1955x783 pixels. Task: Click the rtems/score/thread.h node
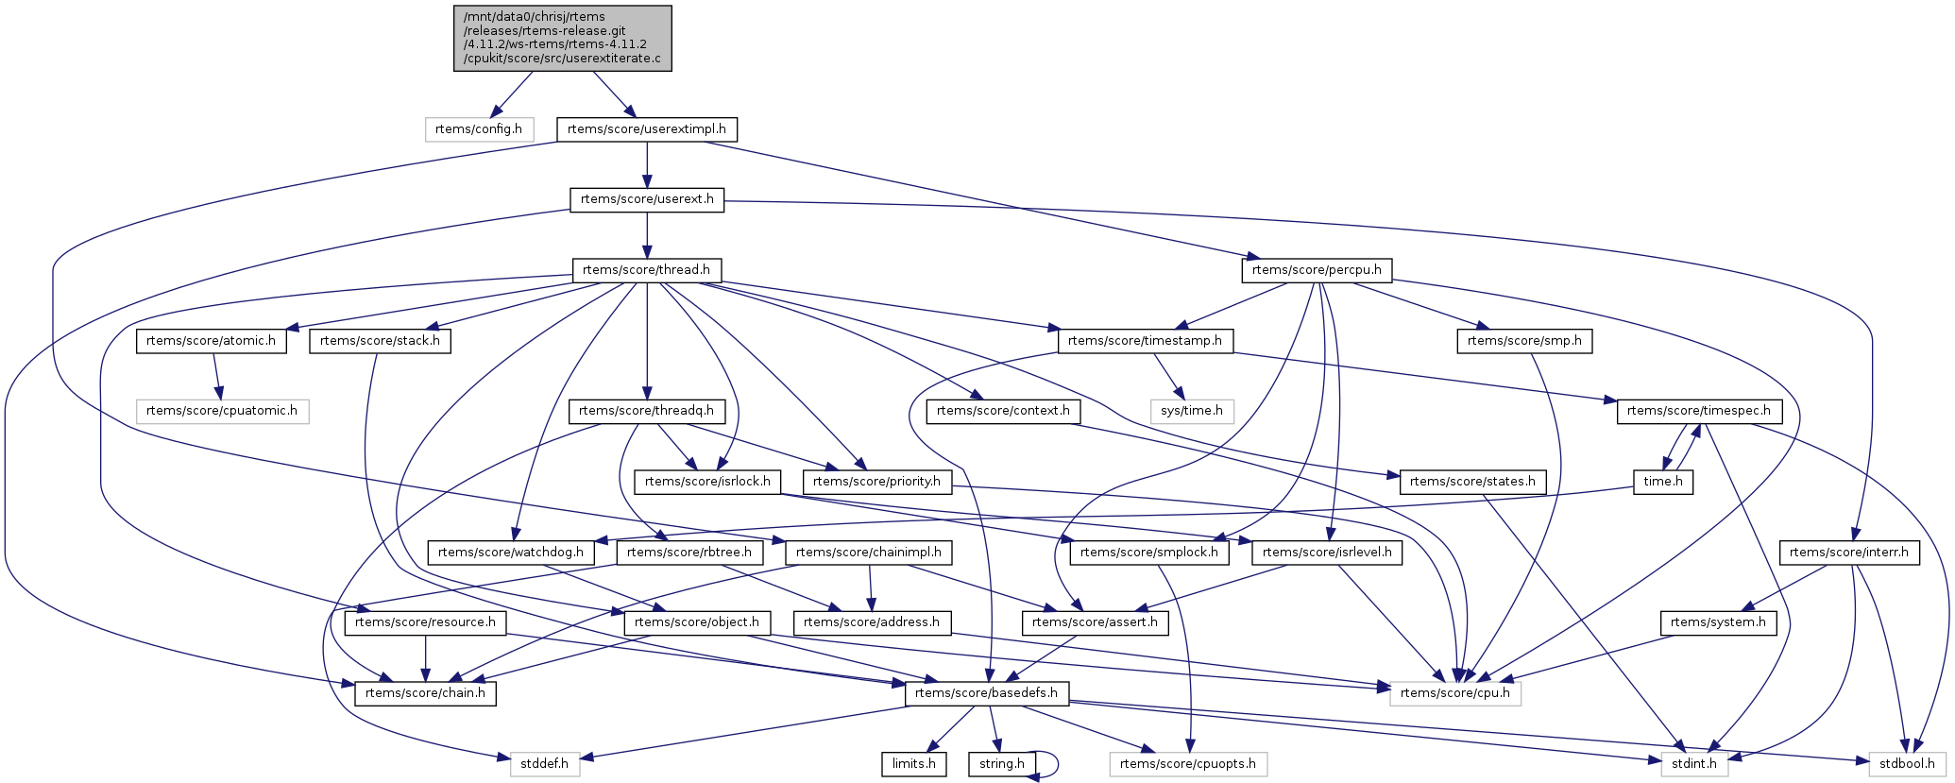[x=646, y=270]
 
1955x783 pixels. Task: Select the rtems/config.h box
[x=479, y=129]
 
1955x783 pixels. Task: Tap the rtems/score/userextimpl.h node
[x=646, y=129]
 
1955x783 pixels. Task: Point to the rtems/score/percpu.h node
[x=1316, y=270]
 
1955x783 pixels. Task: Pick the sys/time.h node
[x=1192, y=411]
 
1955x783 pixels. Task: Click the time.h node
[x=1663, y=482]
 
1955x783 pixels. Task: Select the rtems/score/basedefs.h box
[x=987, y=693]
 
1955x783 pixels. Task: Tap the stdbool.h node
[x=1907, y=763]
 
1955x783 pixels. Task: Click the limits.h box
[x=913, y=763]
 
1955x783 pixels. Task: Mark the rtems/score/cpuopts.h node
[x=1187, y=763]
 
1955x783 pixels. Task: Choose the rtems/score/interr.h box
[x=1848, y=553]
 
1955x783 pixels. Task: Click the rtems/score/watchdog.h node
[x=511, y=553]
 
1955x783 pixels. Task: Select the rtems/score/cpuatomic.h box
[x=222, y=411]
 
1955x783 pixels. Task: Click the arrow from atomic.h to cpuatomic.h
[x=217, y=376]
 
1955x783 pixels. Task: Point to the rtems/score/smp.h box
[x=1524, y=341]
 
